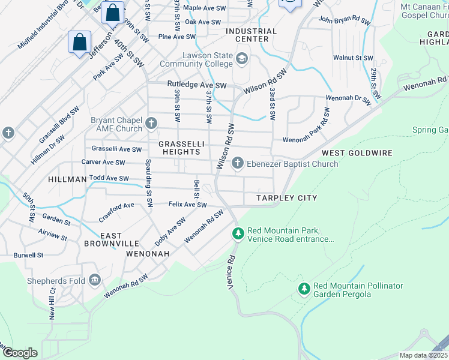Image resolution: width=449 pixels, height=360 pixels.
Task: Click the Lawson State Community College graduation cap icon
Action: [x=241, y=58]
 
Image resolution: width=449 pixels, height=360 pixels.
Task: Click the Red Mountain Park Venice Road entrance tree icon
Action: [x=238, y=233]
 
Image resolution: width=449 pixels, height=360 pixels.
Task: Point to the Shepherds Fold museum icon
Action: [x=94, y=280]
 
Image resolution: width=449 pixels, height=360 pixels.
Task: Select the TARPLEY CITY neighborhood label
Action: [x=286, y=198]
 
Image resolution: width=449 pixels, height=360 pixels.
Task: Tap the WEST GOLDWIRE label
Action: [x=357, y=153]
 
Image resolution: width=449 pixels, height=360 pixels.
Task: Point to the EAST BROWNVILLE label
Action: [x=111, y=239]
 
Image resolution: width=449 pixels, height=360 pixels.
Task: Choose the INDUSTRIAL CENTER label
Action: [x=252, y=35]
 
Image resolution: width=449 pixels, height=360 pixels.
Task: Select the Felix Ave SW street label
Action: [x=187, y=205]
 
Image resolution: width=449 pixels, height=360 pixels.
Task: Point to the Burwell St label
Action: [x=28, y=255]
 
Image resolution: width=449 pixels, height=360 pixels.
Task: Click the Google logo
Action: [x=20, y=352]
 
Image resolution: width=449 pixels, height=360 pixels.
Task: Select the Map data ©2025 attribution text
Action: [x=424, y=355]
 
